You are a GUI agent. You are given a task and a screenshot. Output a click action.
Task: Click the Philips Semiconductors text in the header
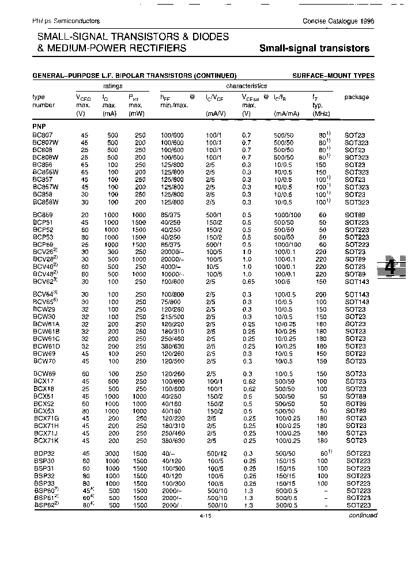pyautogui.click(x=66, y=21)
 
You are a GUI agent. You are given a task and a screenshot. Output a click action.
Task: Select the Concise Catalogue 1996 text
pyautogui.click(x=338, y=21)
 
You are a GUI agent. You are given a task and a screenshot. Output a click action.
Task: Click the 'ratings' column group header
pyautogui.click(x=112, y=85)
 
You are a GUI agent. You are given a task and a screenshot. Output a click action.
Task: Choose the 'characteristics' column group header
pyautogui.click(x=246, y=85)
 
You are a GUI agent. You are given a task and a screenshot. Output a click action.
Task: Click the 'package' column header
pyautogui.click(x=356, y=97)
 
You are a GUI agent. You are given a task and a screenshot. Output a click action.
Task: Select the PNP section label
pyautogui.click(x=39, y=126)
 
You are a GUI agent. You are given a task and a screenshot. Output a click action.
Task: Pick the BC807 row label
pyautogui.click(x=43, y=135)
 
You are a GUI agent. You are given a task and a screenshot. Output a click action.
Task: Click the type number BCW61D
pyautogui.click(x=46, y=346)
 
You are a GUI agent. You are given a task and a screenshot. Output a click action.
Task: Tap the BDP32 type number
pyautogui.click(x=43, y=453)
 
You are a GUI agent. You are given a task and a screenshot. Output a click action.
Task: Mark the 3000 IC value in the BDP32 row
pyautogui.click(x=112, y=453)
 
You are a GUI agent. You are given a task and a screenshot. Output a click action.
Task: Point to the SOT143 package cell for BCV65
pyautogui.click(x=356, y=302)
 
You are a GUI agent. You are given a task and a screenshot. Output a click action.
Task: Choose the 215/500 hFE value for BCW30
pyautogui.click(x=173, y=316)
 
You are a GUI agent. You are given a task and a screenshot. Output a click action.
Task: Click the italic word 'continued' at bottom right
pyautogui.click(x=363, y=515)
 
